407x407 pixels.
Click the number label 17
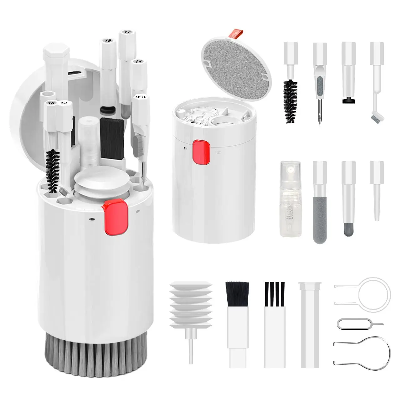127,32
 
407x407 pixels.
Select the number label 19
108,41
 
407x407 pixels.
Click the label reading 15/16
140,97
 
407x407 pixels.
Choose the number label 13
64,103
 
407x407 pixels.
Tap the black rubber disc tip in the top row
348,101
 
